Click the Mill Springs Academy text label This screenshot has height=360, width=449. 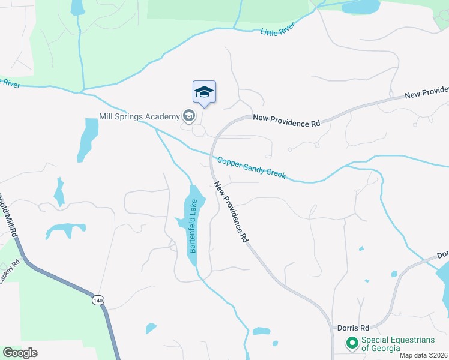pos(139,116)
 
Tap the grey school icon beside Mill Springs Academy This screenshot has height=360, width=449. pos(188,116)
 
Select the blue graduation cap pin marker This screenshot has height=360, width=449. pos(204,92)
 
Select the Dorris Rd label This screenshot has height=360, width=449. pos(353,328)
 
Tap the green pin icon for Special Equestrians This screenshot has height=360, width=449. pos(352,343)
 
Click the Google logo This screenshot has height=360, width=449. pos(20,353)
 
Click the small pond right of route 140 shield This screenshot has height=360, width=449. pos(151,328)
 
